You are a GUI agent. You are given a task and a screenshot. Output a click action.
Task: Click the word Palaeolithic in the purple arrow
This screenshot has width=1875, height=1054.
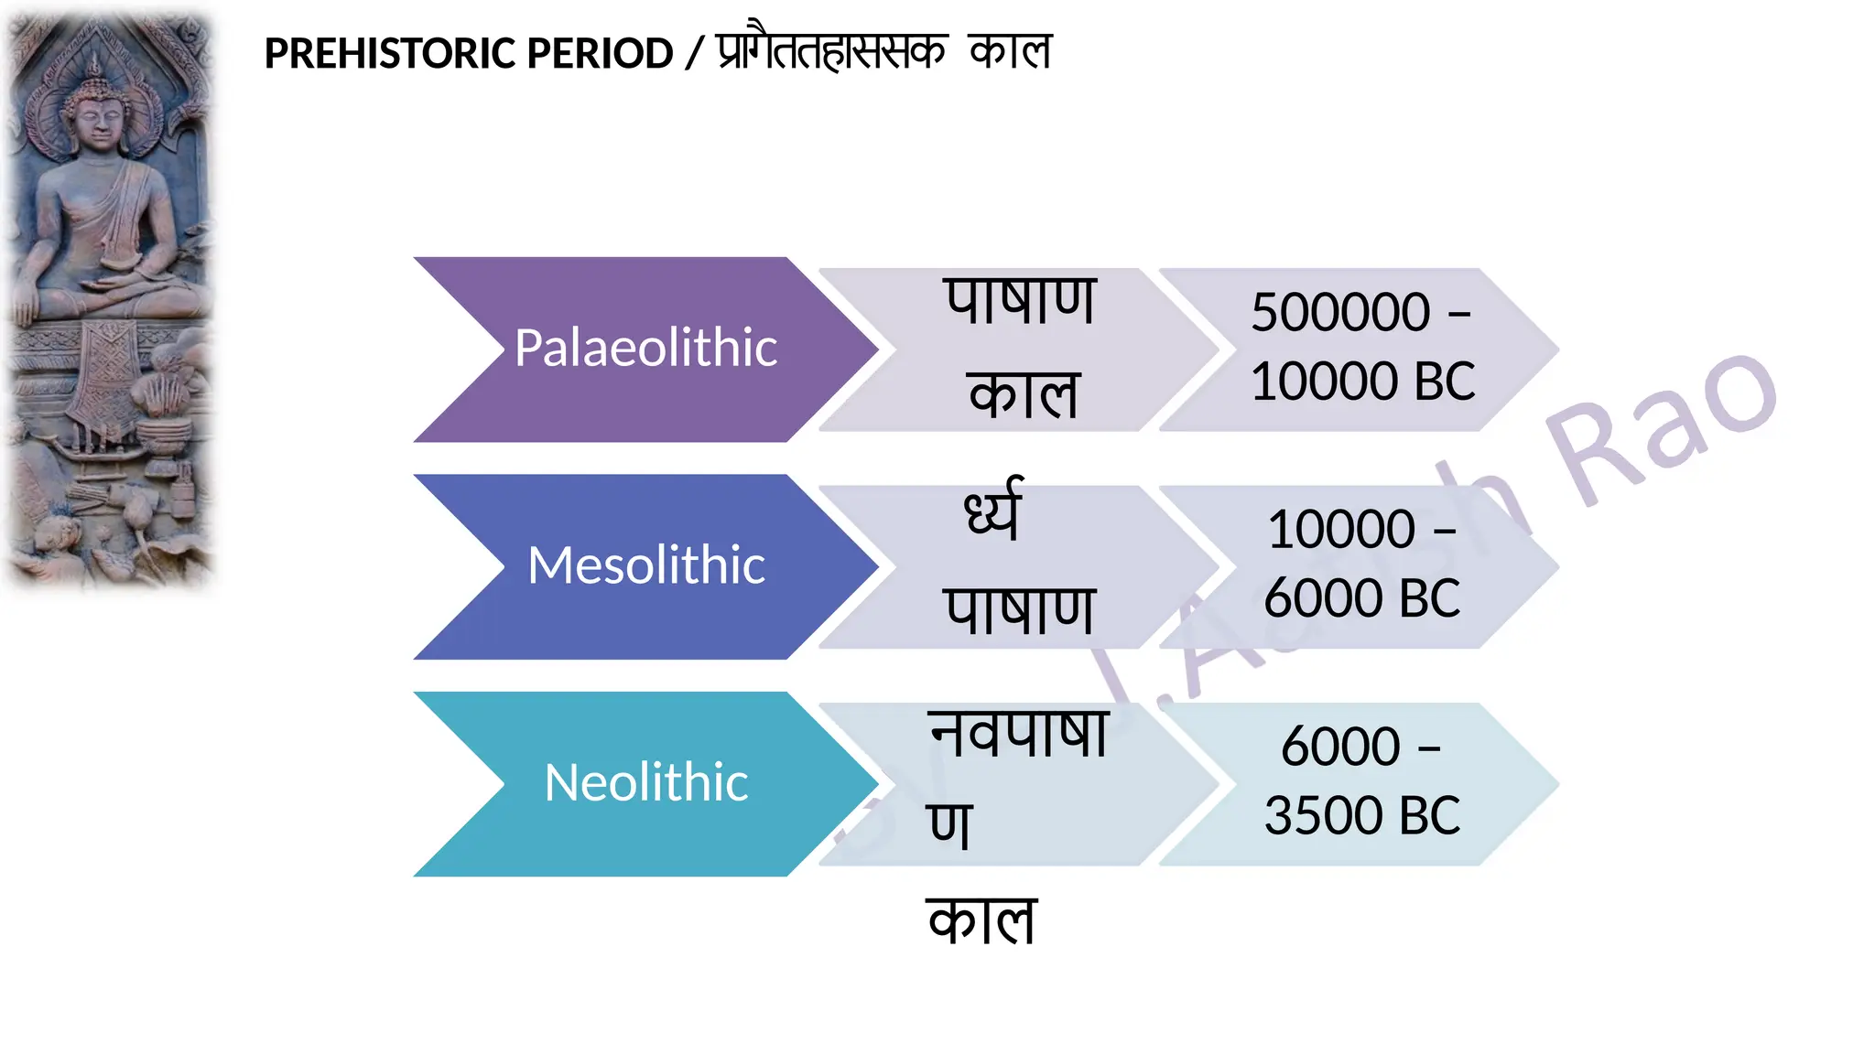click(645, 349)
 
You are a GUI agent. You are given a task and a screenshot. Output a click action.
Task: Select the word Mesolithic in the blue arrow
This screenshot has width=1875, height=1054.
click(645, 565)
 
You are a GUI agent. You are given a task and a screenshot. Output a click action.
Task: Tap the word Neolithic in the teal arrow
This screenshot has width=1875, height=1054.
click(645, 783)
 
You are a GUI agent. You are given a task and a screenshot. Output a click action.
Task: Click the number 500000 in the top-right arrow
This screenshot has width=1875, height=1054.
click(1340, 313)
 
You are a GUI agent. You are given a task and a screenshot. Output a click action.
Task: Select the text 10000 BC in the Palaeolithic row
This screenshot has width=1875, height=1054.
click(1362, 382)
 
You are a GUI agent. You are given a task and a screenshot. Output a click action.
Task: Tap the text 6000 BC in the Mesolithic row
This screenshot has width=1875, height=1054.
click(1362, 598)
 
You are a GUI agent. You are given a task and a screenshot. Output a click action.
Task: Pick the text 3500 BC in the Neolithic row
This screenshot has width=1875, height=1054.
click(1362, 816)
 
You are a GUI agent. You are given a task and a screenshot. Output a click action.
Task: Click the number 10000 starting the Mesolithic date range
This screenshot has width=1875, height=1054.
click(1341, 530)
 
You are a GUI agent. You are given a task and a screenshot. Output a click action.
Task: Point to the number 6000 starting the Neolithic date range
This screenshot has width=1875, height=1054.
click(1340, 747)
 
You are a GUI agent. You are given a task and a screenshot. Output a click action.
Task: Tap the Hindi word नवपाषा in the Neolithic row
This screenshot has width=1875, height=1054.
click(1019, 735)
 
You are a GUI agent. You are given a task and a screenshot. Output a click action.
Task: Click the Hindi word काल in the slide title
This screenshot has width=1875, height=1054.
click(1011, 51)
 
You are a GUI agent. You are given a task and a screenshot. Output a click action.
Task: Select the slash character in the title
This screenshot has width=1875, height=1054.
click(694, 54)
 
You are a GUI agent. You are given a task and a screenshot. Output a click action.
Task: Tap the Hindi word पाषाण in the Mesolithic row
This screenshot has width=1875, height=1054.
click(1020, 610)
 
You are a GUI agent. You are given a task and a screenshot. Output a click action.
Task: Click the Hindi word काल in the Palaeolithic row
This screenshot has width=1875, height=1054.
click(1024, 395)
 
